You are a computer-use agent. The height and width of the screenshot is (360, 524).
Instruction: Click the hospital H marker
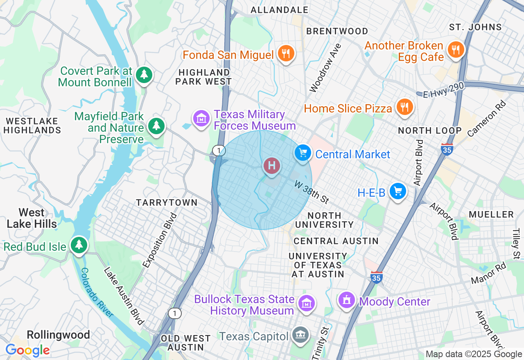point(271,166)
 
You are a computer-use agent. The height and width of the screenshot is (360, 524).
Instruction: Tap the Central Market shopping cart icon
point(303,153)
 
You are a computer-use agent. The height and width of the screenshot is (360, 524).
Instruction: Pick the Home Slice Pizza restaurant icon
point(404,107)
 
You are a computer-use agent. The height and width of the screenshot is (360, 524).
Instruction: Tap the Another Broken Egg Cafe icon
point(455,49)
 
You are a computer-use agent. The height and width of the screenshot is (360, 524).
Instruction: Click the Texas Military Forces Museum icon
point(201,119)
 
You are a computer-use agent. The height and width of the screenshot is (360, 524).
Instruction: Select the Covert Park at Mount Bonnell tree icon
point(144,74)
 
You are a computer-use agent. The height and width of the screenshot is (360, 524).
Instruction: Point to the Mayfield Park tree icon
point(156,126)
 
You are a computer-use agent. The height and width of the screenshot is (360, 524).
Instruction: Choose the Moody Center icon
point(347,300)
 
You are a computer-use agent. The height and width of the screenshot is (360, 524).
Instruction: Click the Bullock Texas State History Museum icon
point(307,303)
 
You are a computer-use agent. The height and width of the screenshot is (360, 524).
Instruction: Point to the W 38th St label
point(312,192)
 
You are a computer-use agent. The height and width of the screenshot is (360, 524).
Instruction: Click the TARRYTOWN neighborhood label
point(167,202)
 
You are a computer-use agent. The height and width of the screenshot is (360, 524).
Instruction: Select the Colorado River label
point(97,292)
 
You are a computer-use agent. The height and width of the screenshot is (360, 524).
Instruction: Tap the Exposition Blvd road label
point(160,240)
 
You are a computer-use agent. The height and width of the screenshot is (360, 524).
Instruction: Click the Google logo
point(27,350)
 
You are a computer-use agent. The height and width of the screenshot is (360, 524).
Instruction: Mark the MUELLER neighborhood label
point(491,214)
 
